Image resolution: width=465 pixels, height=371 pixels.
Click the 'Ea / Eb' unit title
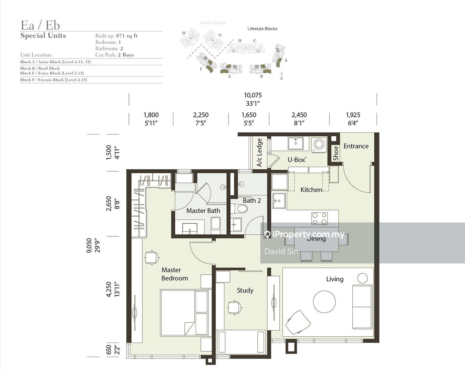[x=40, y=25]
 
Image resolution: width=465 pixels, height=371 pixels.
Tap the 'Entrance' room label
[x=356, y=146]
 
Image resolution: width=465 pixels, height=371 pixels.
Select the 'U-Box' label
[x=297, y=160]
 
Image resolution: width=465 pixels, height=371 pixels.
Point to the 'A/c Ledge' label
[x=259, y=153]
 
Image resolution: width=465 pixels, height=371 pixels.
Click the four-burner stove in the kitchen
[x=319, y=218]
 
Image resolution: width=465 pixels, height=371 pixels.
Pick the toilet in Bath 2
[x=239, y=209]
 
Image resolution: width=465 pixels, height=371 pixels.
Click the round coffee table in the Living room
[x=324, y=302]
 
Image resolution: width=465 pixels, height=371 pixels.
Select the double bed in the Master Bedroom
[x=186, y=313]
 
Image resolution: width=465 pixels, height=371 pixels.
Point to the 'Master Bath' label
[x=203, y=210]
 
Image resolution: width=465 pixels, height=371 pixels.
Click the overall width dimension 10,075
[x=253, y=95]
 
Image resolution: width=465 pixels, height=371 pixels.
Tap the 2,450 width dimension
[x=299, y=115]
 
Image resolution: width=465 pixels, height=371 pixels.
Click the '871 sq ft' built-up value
[x=127, y=36]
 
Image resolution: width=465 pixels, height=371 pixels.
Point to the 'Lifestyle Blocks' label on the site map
[x=262, y=28]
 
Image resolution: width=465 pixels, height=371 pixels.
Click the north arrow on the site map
[x=282, y=77]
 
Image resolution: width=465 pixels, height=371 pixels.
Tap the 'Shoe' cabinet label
[x=336, y=154]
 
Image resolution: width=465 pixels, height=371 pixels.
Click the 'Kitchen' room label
[x=311, y=190]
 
